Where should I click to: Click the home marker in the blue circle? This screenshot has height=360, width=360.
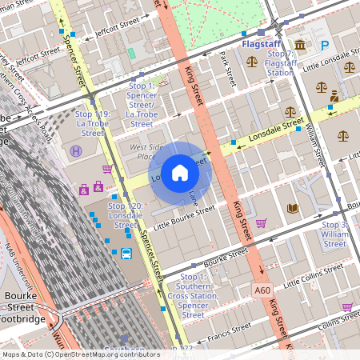click(x=180, y=173)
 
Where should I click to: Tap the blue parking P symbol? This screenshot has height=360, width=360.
click(x=325, y=46)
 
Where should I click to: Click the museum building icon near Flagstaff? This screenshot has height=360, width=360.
click(x=300, y=45)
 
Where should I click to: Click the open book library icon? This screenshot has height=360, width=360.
click(x=293, y=208)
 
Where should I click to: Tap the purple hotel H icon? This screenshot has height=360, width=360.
click(x=76, y=150)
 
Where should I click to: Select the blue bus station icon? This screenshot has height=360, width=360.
click(x=126, y=254)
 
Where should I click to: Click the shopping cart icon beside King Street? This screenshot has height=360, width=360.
click(x=261, y=222)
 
